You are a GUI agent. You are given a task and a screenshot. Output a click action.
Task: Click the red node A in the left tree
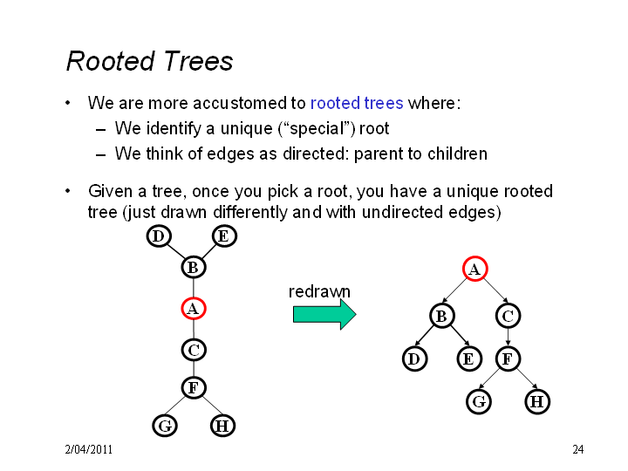point(194,309)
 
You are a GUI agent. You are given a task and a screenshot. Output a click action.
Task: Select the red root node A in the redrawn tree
point(475,269)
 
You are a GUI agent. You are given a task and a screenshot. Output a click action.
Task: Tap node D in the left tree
point(159,235)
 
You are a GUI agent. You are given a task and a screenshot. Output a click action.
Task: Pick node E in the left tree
point(224,235)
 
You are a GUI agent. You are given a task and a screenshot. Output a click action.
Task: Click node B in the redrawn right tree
point(441,316)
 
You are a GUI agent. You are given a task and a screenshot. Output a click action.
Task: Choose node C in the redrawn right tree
point(508,316)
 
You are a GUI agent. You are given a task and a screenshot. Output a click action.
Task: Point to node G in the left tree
point(165,426)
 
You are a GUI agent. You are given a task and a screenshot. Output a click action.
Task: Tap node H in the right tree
point(537,401)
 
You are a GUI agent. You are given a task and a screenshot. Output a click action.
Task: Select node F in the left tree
point(194,387)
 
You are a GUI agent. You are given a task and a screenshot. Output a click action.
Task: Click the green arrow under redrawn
point(324,314)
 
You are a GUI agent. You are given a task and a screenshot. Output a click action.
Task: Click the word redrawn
point(319,291)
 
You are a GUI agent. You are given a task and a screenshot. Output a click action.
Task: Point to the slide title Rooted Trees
point(149,61)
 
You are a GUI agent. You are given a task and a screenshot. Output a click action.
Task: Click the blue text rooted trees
point(357,103)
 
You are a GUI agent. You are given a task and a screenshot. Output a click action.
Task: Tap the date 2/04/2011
point(89,449)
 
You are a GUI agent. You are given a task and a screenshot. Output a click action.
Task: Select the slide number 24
point(578,449)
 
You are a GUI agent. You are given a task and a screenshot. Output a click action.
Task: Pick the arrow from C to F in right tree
point(508,337)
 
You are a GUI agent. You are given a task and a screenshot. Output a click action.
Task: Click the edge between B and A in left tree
point(194,288)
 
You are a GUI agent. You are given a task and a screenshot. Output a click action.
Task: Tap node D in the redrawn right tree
point(414,358)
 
